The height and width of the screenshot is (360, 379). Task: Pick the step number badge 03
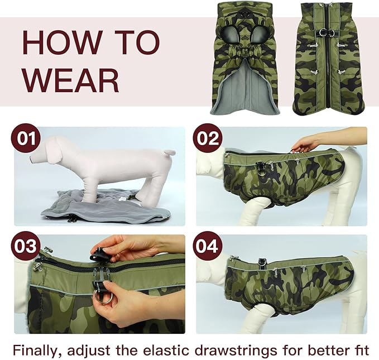pyautogui.click(x=26, y=246)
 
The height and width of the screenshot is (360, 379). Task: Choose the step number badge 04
pyautogui.click(x=208, y=246)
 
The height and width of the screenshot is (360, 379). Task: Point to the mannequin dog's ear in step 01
pyautogui.click(x=55, y=154)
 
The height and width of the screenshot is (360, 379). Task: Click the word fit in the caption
pyautogui.click(x=359, y=350)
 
